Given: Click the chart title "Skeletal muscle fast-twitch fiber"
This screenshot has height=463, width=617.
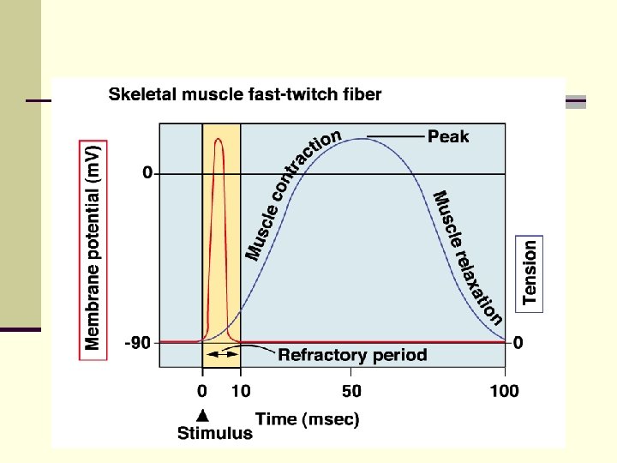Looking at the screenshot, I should tap(245, 94).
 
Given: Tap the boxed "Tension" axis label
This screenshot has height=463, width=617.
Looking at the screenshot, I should tap(530, 272).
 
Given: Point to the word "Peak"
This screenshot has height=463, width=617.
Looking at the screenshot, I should tap(448, 136).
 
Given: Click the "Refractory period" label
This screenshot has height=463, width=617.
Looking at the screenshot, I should tap(352, 355).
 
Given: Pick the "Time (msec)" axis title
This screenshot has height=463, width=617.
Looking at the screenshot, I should tap(308, 419).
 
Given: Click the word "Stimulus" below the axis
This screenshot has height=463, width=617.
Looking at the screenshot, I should tap(215, 433).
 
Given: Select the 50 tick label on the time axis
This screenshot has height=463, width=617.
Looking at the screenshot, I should tap(350, 392).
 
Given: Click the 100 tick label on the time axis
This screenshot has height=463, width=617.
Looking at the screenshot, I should tap(504, 392).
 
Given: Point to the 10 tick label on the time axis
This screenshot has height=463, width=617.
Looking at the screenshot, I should tap(241, 392).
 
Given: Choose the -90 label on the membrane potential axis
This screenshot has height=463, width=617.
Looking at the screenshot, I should tap(138, 344).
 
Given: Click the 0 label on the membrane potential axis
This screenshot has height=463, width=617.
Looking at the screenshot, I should tap(147, 173).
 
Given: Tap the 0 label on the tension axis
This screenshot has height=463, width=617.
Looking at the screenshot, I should tap(518, 343).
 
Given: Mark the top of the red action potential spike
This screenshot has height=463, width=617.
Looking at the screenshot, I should tap(219, 139).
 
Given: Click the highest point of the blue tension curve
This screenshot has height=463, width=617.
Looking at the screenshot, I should tap(363, 138).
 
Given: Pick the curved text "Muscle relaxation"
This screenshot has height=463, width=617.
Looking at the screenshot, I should tap(468, 257).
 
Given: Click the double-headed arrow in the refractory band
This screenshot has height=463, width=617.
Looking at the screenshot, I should tap(221, 353).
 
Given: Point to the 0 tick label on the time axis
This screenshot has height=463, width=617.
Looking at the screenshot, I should tap(202, 392).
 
